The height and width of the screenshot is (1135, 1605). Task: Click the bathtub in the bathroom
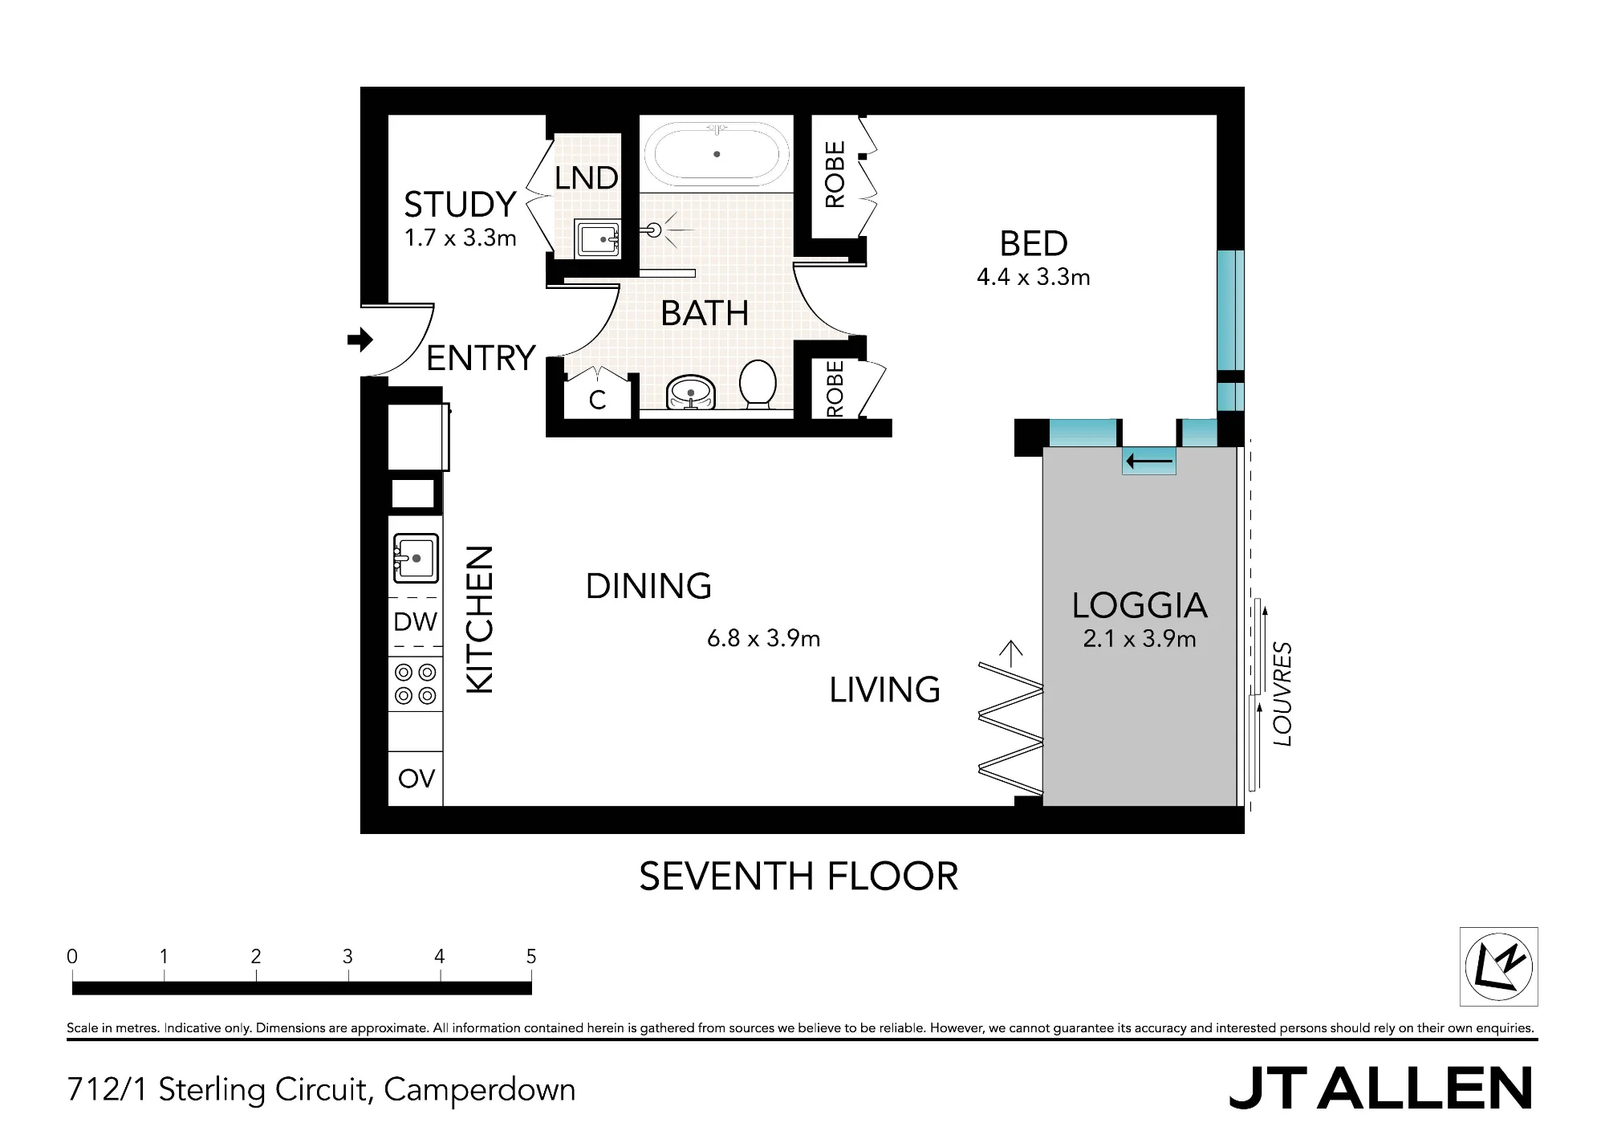716,154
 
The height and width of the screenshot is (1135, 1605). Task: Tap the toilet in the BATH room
757,384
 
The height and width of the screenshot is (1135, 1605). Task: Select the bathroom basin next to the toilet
690,393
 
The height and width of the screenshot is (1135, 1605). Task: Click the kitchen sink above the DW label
416,558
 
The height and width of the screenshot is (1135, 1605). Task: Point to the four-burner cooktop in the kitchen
416,684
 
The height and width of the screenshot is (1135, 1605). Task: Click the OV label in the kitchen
416,779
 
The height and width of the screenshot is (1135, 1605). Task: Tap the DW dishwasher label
416,622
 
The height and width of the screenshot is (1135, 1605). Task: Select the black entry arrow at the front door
360,340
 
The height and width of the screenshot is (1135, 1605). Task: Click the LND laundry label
587,177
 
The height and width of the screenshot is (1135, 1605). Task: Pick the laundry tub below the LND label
598,239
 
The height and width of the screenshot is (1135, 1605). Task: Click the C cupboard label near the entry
597,400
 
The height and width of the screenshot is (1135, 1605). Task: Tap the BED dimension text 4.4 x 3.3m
1034,277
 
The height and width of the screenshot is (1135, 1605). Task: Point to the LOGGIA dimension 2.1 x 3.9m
1140,639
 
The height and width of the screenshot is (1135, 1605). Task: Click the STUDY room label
460,205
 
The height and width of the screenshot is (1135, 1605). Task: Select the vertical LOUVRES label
1282,694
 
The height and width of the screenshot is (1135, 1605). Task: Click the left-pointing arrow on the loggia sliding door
1150,462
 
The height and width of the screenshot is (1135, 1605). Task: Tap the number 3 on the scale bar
347,956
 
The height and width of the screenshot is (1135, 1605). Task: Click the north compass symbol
1498,966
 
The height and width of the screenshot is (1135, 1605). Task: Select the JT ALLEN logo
1380,1088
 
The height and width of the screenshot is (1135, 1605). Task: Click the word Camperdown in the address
480,1090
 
